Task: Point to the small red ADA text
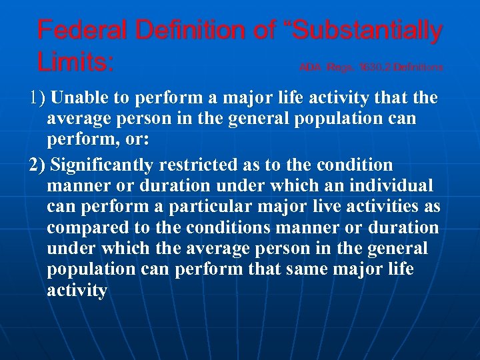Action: [x=311, y=67]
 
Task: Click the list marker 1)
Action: [x=37, y=99]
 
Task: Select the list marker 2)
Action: [x=37, y=164]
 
